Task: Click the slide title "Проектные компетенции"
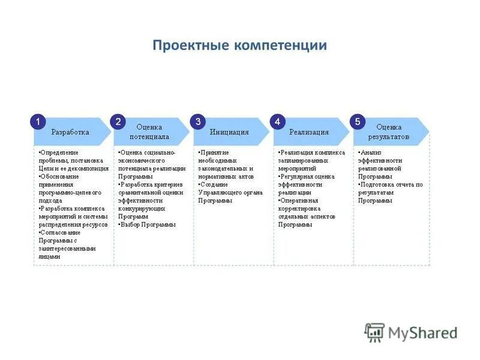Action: [x=239, y=46]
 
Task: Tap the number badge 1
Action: [x=37, y=122]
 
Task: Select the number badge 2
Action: [x=118, y=122]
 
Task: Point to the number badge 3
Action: [x=198, y=122]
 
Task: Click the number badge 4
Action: [x=277, y=122]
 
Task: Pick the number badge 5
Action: [x=358, y=122]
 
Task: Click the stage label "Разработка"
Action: [x=70, y=132]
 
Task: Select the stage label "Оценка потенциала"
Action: [x=149, y=132]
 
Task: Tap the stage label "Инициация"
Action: [x=229, y=132]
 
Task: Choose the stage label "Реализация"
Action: [x=309, y=132]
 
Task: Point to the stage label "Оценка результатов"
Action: [x=389, y=132]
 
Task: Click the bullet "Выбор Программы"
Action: [x=148, y=224]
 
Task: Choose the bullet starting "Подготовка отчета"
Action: [x=391, y=193]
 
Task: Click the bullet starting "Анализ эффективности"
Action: [x=384, y=164]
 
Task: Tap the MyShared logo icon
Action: [x=375, y=332]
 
